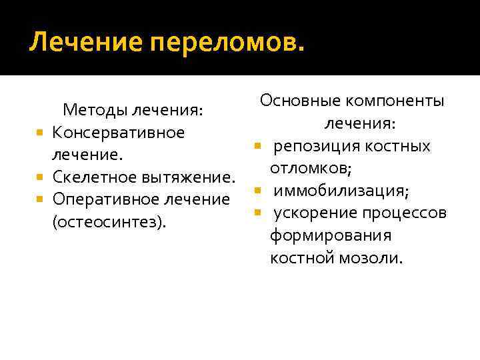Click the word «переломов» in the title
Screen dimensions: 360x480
(227, 45)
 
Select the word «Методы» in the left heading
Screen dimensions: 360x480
(94, 110)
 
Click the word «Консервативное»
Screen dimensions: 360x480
(118, 132)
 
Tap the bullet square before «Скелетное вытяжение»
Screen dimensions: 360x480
(41, 178)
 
